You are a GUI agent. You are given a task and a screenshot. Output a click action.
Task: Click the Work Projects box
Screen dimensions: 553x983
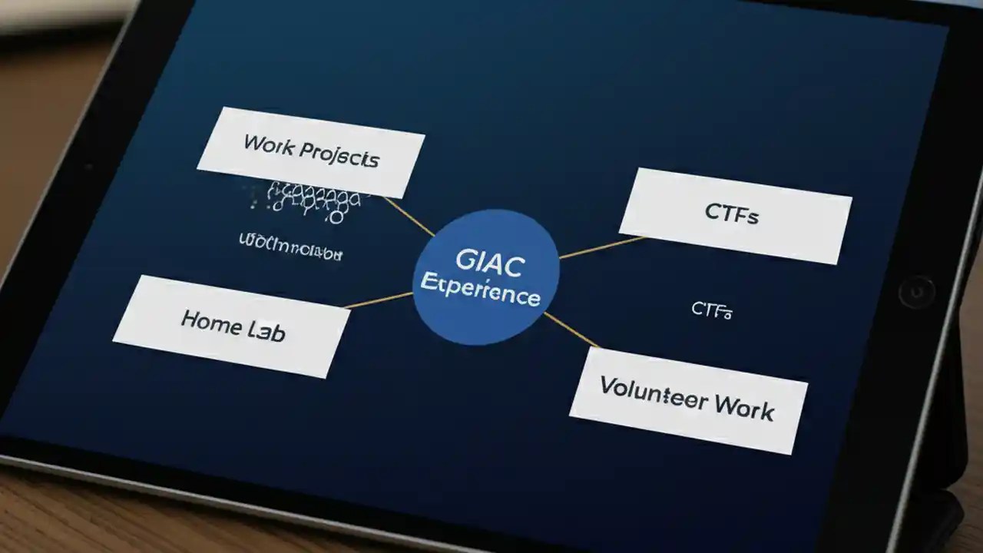point(311,152)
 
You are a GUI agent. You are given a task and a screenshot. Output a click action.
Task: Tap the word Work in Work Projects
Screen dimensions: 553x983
point(268,144)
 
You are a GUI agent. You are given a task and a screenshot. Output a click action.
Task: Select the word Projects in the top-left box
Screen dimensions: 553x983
point(339,154)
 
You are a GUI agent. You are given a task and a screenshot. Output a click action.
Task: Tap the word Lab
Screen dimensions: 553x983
point(266,331)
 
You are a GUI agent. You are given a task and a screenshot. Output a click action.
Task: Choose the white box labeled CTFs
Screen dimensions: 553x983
point(735,216)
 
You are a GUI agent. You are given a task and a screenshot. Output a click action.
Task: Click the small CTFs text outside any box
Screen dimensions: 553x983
point(711,310)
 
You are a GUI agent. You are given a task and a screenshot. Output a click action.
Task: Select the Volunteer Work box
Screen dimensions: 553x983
point(688,399)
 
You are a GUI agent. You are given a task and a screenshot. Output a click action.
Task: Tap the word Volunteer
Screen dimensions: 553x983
point(644,391)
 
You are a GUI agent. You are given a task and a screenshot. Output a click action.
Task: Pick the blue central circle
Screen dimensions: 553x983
point(485,276)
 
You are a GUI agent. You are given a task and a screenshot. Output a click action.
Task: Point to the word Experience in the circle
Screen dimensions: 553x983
point(480,293)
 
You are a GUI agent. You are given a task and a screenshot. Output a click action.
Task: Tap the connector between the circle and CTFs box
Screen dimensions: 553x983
point(601,247)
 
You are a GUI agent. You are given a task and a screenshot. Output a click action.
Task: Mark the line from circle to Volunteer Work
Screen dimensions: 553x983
point(571,329)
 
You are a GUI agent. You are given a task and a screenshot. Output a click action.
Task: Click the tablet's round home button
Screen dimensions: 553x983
point(916,292)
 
